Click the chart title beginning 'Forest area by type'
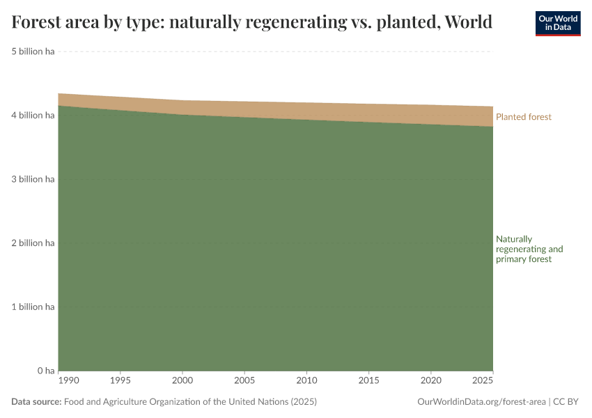[252, 22]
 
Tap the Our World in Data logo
[557, 23]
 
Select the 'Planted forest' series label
[523, 117]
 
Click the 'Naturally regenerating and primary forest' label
[529, 249]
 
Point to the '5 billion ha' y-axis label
[33, 52]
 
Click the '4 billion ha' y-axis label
[33, 115]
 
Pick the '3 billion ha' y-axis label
[33, 179]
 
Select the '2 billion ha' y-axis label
[33, 243]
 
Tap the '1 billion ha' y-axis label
[33, 307]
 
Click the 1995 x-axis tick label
[120, 381]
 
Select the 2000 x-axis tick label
[182, 381]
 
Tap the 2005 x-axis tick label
[244, 381]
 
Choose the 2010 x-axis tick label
[306, 381]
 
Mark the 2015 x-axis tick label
[368, 381]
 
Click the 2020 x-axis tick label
[430, 381]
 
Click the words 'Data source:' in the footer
[36, 402]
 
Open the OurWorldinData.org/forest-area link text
[481, 402]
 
